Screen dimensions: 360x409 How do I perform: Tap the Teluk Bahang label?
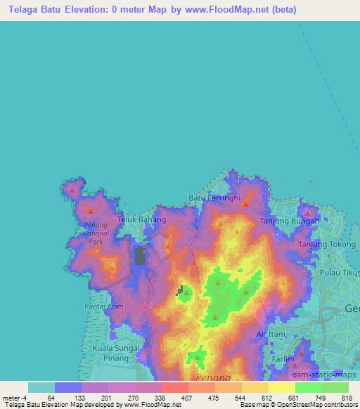pyautogui.click(x=141, y=220)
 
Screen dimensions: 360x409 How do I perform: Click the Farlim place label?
pyautogui.click(x=283, y=358)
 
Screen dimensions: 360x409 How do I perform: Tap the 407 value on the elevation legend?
pyautogui.click(x=187, y=398)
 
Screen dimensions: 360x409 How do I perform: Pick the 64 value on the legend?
pyautogui.click(x=51, y=398)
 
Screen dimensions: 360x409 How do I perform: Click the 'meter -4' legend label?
pyautogui.click(x=13, y=398)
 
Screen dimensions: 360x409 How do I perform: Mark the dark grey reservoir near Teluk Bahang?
pyautogui.click(x=140, y=255)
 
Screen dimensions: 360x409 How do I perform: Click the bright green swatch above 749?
pyautogui.click(x=309, y=387)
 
